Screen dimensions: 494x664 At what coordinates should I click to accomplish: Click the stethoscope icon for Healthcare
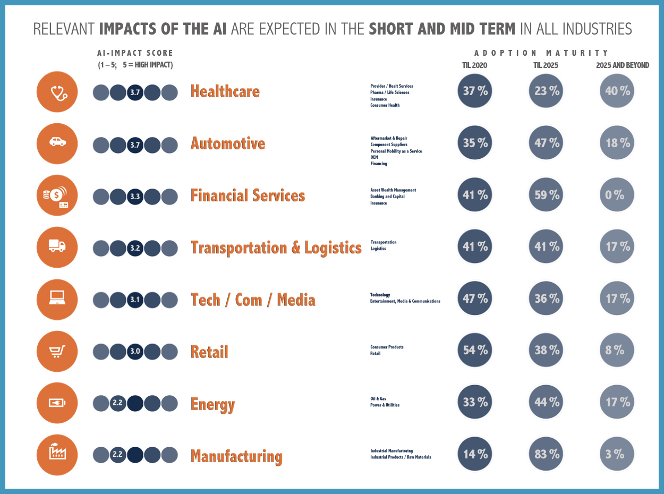tap(57, 92)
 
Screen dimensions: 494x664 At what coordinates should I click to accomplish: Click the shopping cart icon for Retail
tap(57, 351)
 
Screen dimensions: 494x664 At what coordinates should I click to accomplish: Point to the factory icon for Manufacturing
tap(57, 455)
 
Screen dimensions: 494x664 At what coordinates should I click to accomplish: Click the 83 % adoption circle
tap(547, 454)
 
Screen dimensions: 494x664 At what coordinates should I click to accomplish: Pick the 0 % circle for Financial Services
tap(616, 195)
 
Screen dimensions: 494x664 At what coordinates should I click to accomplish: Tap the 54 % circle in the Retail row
tap(475, 350)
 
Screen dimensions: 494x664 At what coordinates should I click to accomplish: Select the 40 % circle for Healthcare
tap(617, 91)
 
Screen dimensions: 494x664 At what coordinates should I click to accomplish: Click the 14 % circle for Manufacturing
tap(475, 454)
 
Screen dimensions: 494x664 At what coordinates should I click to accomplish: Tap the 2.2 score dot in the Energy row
tap(118, 403)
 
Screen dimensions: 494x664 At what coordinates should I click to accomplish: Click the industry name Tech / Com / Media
tap(253, 300)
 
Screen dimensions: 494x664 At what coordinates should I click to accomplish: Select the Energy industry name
tap(212, 404)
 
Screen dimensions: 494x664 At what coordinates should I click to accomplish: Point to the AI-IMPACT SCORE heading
tap(135, 53)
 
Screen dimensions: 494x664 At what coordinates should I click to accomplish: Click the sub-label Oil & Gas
tap(378, 398)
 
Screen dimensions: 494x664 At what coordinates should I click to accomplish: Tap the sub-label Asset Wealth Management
tap(393, 190)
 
